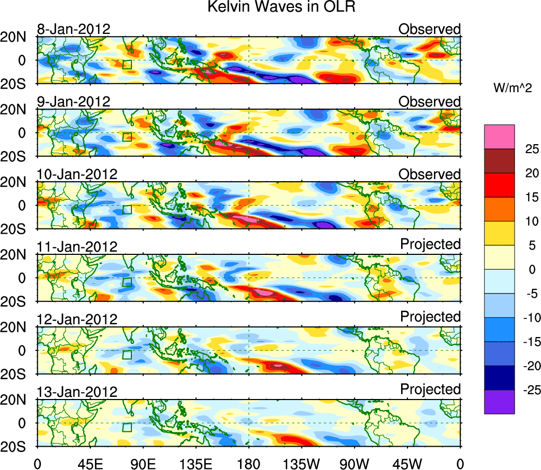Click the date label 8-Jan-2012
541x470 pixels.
coord(74,29)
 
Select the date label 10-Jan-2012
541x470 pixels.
coord(77,174)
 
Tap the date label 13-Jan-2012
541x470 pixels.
coord(77,392)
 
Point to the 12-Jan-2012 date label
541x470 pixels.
coord(77,320)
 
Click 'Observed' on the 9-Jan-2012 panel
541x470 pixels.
coord(430,102)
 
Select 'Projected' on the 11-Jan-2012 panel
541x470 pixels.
coord(430,244)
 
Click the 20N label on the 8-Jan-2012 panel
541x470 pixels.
coord(17,37)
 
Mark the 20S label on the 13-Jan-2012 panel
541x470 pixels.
coord(17,447)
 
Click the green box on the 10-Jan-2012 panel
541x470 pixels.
coord(127,209)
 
